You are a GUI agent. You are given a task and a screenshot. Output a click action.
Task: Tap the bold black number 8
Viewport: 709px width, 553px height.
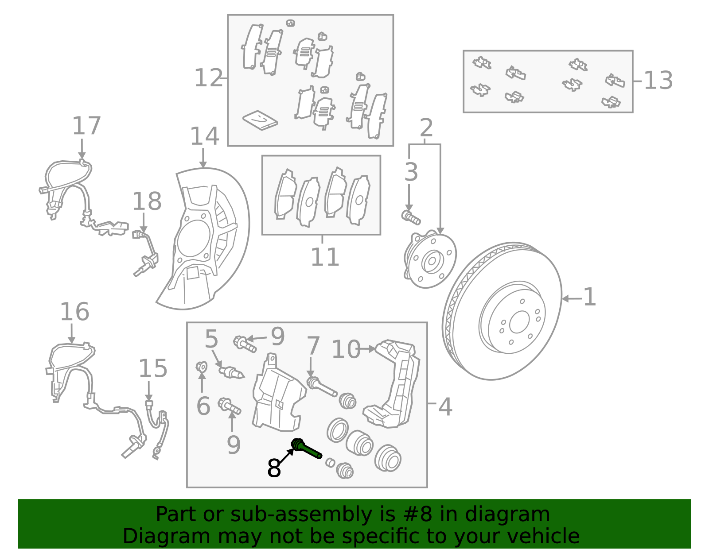pos(274,468)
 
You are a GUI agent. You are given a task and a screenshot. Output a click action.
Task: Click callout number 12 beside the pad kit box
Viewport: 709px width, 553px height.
pos(209,79)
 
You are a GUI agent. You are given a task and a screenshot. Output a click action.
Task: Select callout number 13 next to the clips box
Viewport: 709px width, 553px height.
pos(658,81)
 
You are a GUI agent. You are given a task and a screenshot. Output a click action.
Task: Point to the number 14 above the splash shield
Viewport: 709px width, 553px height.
pos(204,137)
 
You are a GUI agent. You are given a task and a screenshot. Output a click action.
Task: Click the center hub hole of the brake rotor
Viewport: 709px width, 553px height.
pos(519,322)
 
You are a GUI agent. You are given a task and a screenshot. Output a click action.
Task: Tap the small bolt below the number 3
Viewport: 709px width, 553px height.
pos(411,217)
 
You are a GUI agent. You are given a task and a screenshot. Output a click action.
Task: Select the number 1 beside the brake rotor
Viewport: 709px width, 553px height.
pos(589,298)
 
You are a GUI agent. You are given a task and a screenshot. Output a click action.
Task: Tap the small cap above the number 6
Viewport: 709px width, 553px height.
pos(202,367)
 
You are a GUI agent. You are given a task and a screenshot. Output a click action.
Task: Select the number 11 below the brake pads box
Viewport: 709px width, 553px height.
pos(325,257)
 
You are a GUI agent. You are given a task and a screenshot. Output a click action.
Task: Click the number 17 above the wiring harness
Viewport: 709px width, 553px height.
pos(87,127)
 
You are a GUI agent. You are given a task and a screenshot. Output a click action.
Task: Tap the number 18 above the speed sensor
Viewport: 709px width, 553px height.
pos(147,202)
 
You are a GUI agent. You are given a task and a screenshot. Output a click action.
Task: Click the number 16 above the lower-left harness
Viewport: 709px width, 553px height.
pos(75,312)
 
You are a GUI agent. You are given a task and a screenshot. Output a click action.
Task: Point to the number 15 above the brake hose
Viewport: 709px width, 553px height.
pos(153,369)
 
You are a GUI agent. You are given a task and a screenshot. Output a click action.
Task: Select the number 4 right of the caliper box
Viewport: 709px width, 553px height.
pos(445,407)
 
